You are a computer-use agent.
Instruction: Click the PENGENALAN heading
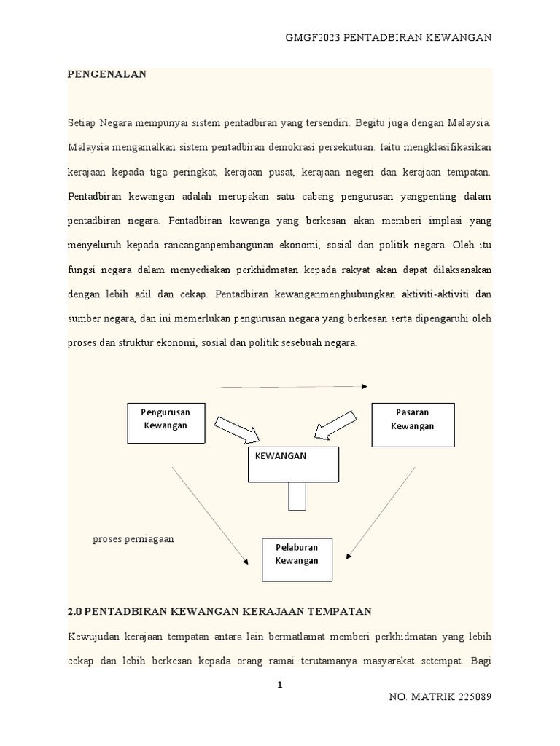click(107, 74)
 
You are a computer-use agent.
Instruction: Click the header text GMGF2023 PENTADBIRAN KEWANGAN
click(388, 37)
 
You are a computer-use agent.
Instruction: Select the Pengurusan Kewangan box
click(166, 423)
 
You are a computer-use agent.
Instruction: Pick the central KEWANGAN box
click(293, 464)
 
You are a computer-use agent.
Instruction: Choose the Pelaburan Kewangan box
click(297, 559)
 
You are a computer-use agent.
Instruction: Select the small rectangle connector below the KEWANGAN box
click(297, 497)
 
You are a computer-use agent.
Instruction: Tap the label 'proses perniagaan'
click(133, 539)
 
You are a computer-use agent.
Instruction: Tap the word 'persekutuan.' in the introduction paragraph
click(340, 146)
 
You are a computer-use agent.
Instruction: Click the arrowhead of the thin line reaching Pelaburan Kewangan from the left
click(244, 562)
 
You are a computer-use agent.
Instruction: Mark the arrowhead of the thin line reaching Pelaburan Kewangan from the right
click(349, 557)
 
